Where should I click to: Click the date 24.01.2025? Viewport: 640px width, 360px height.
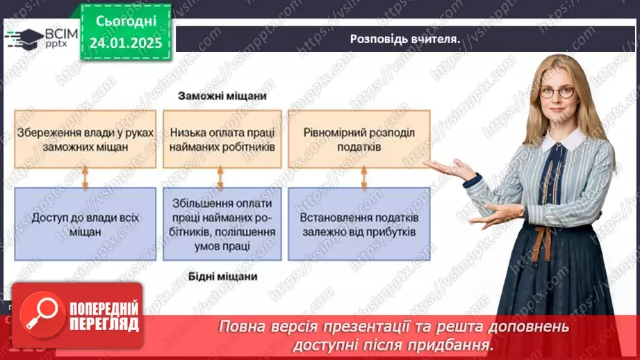pos(125,42)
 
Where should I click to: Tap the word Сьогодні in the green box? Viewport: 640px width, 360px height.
pos(125,22)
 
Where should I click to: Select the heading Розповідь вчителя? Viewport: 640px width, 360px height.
pos(405,39)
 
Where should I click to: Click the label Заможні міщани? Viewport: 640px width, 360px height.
pos(222,96)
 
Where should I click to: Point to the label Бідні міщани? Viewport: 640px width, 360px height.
pos(222,277)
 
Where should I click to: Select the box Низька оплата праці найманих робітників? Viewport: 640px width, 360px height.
pos(222,139)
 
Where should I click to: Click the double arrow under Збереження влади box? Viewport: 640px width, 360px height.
pos(85,178)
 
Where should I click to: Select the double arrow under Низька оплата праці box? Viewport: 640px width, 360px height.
pos(222,178)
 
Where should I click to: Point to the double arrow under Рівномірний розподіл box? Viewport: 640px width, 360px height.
pos(362,178)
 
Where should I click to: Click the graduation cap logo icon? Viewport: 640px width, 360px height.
pos(23,37)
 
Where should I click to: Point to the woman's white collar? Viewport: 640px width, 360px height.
pos(564,140)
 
